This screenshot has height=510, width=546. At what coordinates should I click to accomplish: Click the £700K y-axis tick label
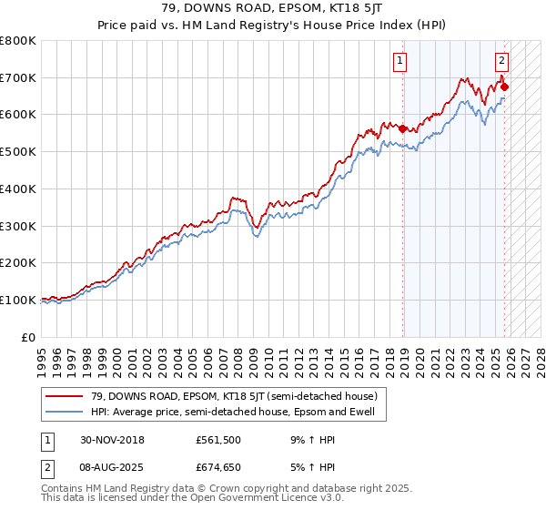pos(18,77)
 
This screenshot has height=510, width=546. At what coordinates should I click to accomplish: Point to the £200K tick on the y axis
pos(18,262)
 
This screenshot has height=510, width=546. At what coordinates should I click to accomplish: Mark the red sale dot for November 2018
pos(403,128)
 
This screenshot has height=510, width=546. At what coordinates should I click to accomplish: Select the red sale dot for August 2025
pos(505,87)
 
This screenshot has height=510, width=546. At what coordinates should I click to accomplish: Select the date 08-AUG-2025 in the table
pos(109,466)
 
